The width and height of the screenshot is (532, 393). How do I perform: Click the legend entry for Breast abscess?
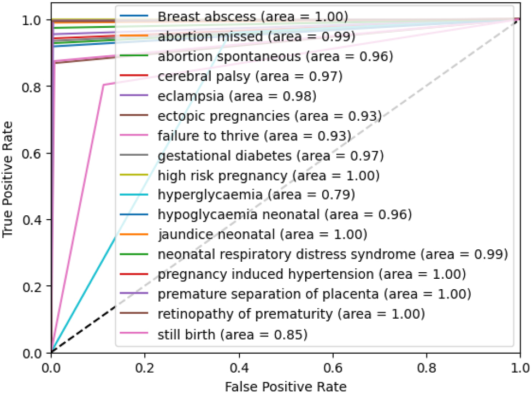click(252, 17)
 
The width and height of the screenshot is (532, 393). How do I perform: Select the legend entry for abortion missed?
click(256, 37)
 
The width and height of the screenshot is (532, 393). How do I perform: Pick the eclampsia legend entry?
click(237, 97)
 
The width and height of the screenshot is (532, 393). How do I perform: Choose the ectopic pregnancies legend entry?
click(269, 116)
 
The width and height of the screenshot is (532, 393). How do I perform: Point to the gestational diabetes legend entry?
click(270, 156)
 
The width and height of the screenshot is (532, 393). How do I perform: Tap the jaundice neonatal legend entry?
click(262, 236)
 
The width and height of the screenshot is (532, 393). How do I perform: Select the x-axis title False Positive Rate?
click(285, 386)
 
